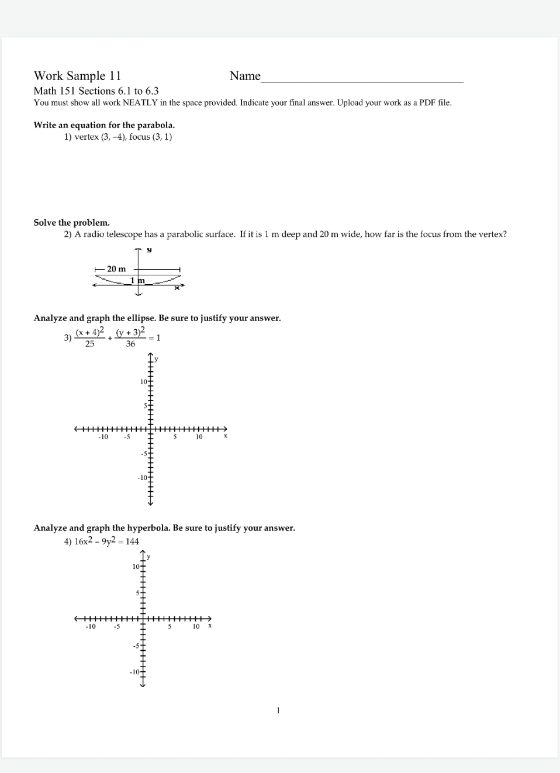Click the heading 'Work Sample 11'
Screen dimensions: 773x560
coord(77,76)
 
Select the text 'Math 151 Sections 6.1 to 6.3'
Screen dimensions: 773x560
coord(96,91)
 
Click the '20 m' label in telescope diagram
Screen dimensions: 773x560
coord(116,269)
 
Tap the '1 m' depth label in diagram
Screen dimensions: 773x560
coord(137,281)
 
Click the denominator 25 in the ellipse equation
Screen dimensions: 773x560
coord(89,344)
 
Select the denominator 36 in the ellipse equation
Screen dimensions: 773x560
coord(130,344)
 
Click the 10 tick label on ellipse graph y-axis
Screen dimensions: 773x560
coord(144,382)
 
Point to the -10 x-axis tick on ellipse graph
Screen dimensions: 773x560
coord(103,437)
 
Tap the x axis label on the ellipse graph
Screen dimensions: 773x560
coord(225,436)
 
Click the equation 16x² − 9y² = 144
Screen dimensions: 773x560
coord(106,541)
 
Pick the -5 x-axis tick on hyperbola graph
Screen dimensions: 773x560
coord(117,626)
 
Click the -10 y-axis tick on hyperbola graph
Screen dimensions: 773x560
coord(134,672)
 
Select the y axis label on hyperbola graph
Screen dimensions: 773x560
coord(148,557)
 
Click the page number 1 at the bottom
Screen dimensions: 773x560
coord(278,710)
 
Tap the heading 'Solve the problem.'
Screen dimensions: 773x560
coord(71,223)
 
